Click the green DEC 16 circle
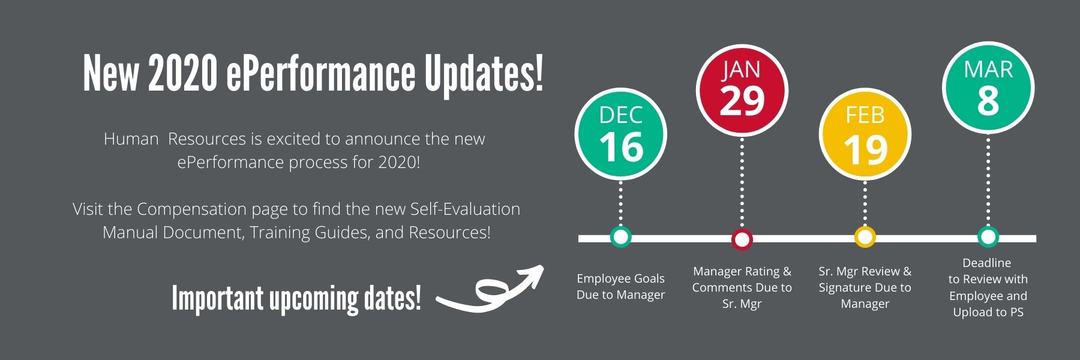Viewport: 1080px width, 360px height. pos(620,134)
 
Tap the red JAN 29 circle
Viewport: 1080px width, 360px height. pos(742,91)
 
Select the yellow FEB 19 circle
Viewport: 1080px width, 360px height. pos(865,134)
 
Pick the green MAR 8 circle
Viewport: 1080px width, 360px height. pos(988,88)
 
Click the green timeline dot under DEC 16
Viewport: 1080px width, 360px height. pos(620,237)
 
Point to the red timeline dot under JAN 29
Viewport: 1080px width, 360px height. pos(742,239)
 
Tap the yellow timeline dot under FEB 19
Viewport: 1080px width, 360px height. pos(865,237)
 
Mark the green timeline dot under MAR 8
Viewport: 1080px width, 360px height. pos(988,237)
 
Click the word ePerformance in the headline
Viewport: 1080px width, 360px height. pos(320,74)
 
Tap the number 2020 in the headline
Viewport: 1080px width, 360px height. pos(182,74)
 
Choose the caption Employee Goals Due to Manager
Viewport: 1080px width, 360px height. pos(620,286)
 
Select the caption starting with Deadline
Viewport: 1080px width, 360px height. pos(988,287)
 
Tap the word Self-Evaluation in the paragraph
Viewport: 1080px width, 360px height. pos(465,209)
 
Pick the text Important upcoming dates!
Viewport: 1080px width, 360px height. pos(296,298)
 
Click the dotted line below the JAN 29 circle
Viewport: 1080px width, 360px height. pos(742,182)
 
